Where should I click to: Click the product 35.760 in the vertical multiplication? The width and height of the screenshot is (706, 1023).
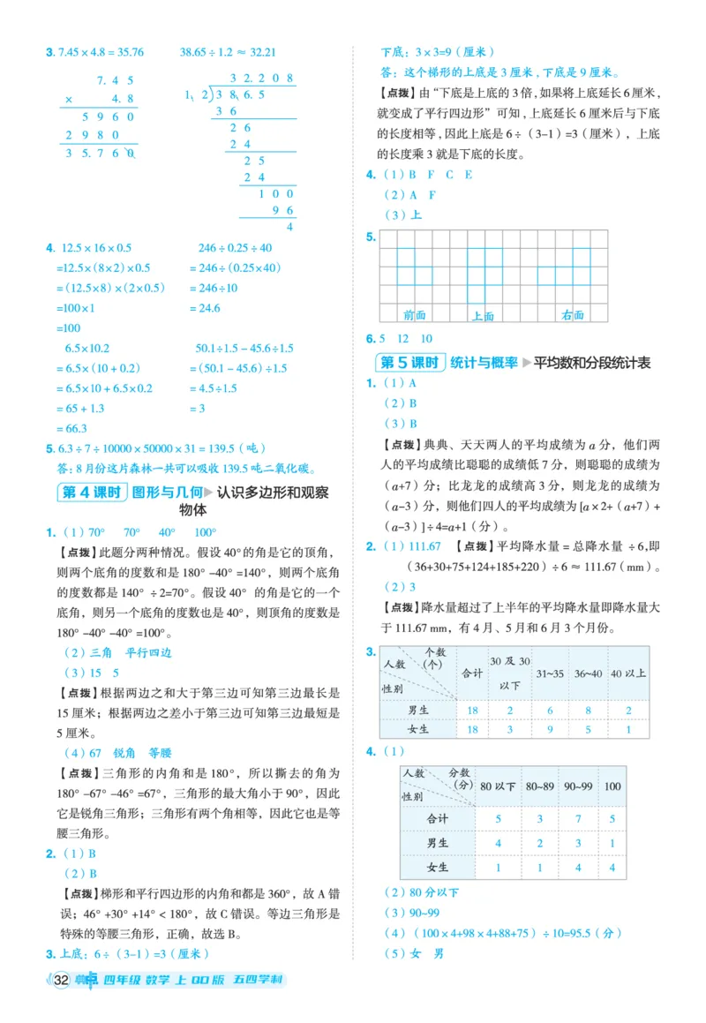(x=99, y=153)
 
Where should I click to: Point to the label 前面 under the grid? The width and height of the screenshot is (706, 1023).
(x=414, y=314)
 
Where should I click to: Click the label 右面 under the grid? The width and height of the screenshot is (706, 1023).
(x=572, y=314)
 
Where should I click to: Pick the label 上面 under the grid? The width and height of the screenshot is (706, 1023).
(x=482, y=315)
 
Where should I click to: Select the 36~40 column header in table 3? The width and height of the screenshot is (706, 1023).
(x=587, y=673)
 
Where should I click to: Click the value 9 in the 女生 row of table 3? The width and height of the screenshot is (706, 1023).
(x=551, y=729)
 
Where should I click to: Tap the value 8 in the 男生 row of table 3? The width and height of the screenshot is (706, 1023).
(x=589, y=710)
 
